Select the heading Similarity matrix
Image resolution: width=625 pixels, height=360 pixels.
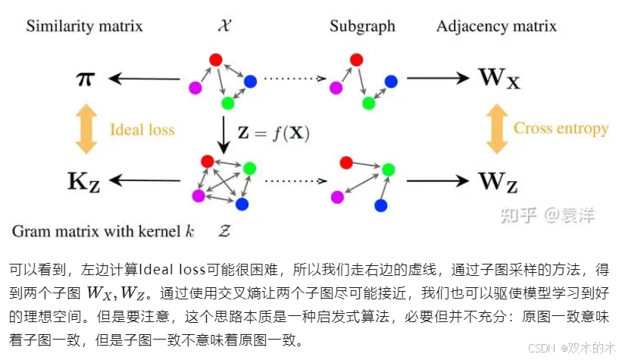click(84, 27)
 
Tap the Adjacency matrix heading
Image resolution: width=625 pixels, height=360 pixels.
click(496, 27)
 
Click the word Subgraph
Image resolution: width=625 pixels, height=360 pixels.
click(362, 27)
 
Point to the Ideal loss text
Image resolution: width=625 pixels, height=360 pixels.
click(142, 130)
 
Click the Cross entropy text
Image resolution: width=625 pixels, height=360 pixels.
click(561, 128)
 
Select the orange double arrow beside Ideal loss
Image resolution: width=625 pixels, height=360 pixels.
click(86, 130)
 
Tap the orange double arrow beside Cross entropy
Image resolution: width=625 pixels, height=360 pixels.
click(496, 128)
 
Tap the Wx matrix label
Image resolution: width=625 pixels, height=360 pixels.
click(498, 78)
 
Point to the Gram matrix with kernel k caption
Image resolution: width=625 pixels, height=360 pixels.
click(103, 231)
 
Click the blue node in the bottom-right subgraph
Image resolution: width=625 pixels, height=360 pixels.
click(380, 205)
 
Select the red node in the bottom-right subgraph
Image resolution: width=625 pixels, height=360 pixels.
click(346, 161)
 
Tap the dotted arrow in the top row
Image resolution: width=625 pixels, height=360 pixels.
click(295, 79)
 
